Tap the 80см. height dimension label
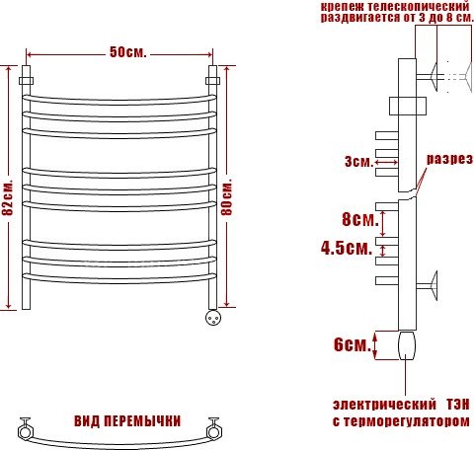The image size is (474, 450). coord(228,196)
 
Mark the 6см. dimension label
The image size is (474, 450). coord(353,344)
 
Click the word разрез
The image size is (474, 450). coord(447,160)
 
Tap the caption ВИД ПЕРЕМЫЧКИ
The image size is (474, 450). coord(119,420)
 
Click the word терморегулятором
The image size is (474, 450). coord(407,421)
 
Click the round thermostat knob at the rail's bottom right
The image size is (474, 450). coord(212,318)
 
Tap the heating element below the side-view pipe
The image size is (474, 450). coord(407,348)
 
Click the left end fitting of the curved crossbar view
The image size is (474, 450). coord(26,429)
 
